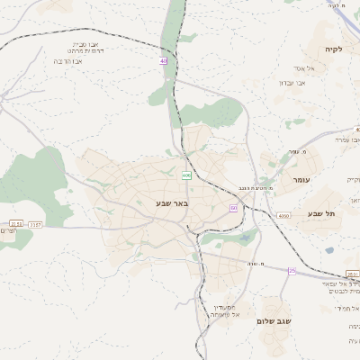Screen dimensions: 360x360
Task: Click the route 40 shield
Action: click(x=164, y=61)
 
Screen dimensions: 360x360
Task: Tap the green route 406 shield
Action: click(x=186, y=175)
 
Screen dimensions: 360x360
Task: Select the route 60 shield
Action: click(x=233, y=208)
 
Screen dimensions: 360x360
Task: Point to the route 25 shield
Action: click(x=292, y=270)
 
